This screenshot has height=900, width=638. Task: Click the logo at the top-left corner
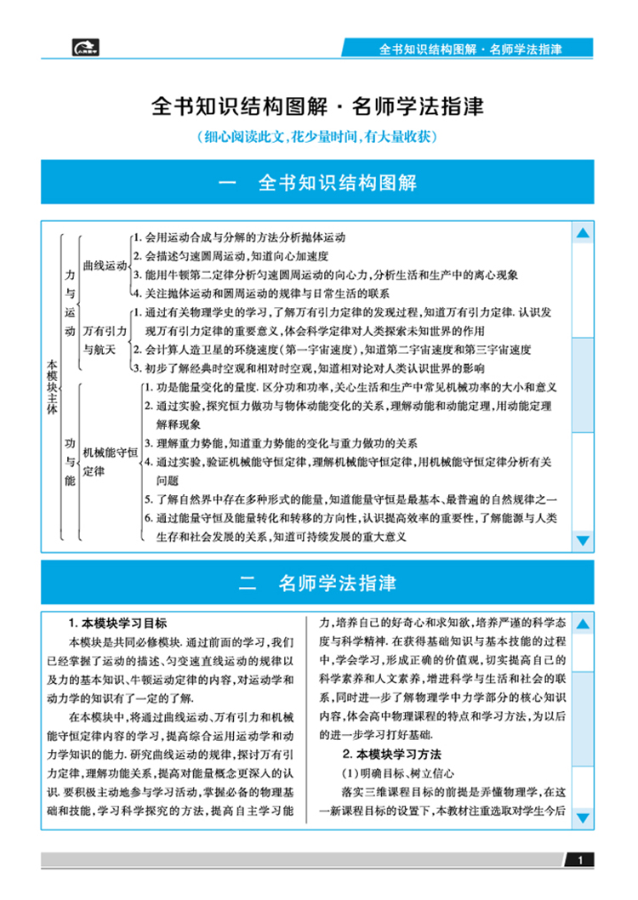tap(86, 47)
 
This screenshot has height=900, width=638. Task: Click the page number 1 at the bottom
tap(579, 861)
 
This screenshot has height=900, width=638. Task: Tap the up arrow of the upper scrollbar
tap(583, 233)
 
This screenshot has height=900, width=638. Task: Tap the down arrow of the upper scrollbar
tap(583, 539)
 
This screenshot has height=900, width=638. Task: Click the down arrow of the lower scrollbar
tap(583, 818)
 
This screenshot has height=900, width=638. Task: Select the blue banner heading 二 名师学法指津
tap(317, 584)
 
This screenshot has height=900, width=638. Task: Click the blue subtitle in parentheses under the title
tap(317, 136)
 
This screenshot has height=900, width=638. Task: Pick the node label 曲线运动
tap(105, 266)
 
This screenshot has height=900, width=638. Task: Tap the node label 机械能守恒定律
tap(110, 462)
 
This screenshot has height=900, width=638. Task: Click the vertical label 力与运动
tap(71, 302)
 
